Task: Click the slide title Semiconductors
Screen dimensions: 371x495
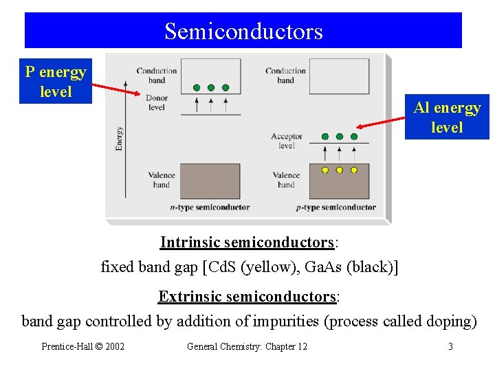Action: tap(243, 31)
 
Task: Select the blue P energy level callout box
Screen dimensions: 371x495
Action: tap(55, 82)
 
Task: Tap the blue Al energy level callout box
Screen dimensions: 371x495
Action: tap(447, 117)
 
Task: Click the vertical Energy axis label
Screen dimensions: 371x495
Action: tap(120, 138)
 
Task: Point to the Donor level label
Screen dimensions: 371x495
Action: tap(157, 102)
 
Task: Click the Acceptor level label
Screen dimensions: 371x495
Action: tap(287, 141)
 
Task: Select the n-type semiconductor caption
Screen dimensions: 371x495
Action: tap(210, 207)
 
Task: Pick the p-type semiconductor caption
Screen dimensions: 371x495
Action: tap(336, 207)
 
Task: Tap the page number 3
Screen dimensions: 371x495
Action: tap(450, 346)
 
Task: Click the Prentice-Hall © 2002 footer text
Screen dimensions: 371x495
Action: tap(83, 346)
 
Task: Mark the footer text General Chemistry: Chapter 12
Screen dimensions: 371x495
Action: tap(247, 346)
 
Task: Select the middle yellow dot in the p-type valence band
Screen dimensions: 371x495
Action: tap(339, 170)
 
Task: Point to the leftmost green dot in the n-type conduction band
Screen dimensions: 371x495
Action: tap(197, 88)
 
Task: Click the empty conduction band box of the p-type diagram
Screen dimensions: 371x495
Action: tap(339, 76)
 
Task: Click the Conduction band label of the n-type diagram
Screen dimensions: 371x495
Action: tap(157, 76)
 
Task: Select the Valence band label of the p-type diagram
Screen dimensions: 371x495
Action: tap(286, 180)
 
